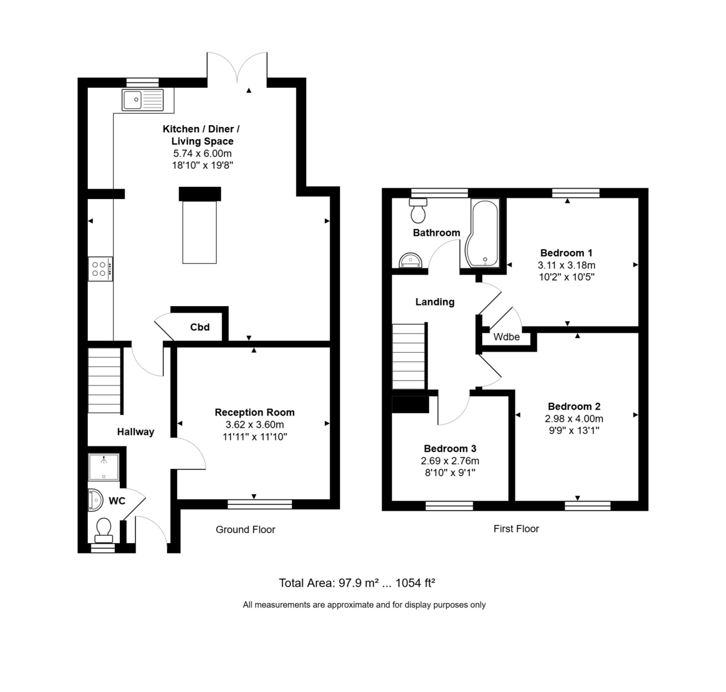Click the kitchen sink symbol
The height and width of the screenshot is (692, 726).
point(143,100)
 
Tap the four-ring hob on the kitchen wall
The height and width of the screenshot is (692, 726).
point(100,269)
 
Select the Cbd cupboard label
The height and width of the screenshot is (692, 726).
point(200,327)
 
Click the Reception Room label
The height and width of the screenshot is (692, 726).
point(255,413)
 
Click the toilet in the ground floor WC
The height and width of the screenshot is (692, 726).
point(103,529)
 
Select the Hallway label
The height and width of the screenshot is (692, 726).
point(136,432)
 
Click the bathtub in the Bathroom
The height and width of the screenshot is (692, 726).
point(483,233)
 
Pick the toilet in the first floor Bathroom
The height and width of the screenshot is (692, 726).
point(418,210)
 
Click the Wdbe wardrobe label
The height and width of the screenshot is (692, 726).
point(506,337)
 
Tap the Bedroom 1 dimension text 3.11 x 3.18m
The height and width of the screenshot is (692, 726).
point(566,265)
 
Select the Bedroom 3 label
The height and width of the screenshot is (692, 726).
point(450,449)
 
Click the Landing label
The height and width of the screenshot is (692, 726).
point(434,302)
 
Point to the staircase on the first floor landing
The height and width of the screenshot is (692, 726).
point(410,356)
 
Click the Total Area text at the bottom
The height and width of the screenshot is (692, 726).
point(357,583)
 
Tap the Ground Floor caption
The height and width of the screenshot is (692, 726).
point(246,530)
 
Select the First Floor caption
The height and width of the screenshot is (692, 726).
point(516,529)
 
